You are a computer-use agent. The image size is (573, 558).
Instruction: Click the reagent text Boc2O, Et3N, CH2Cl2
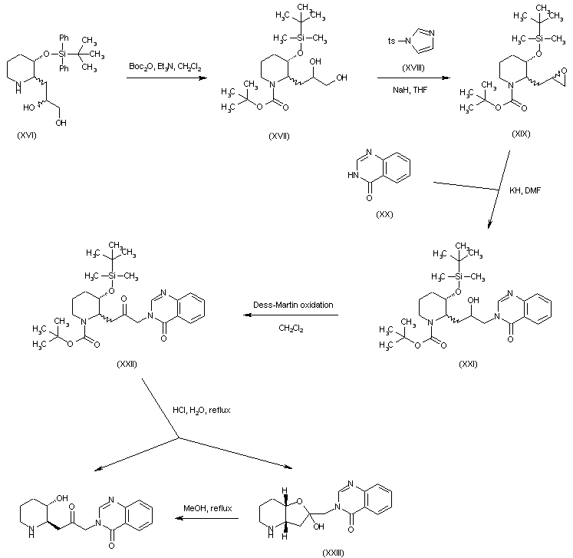coord(165,68)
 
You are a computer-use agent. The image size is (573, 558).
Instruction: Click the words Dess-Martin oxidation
coord(294,305)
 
